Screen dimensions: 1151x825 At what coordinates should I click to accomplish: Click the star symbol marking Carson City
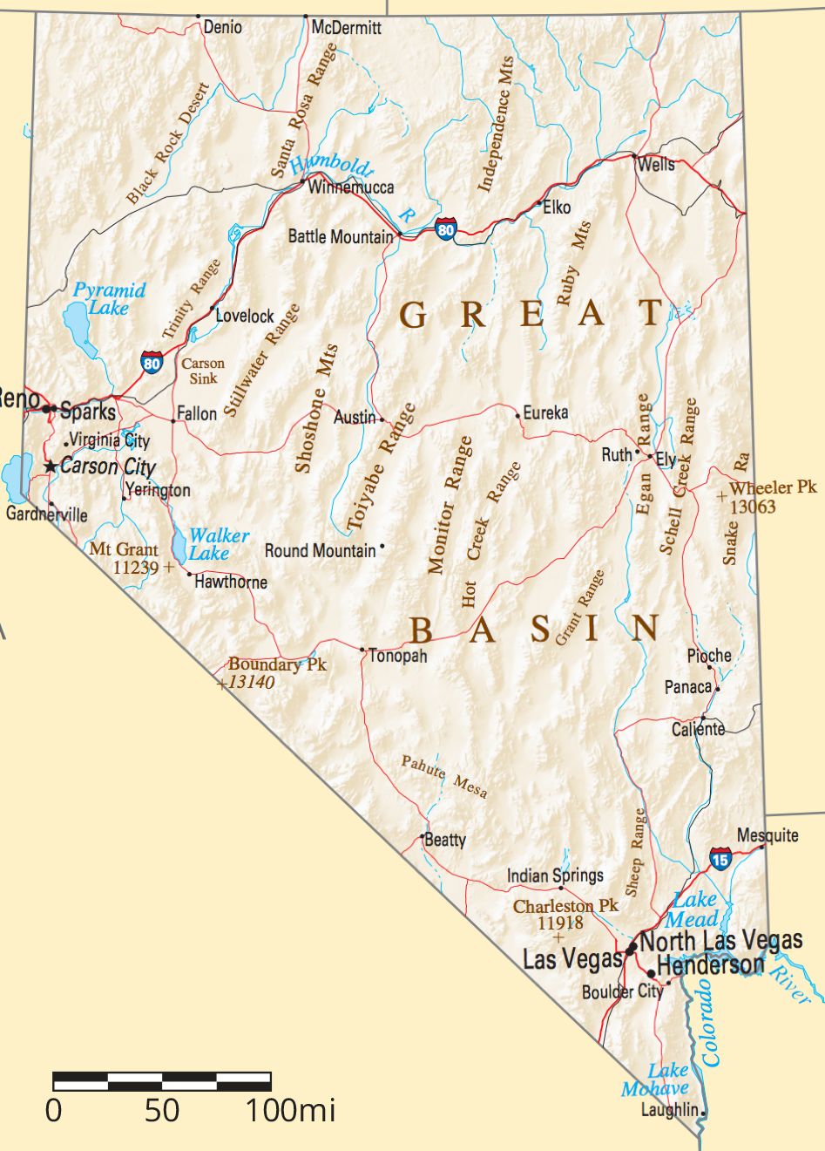[x=51, y=467]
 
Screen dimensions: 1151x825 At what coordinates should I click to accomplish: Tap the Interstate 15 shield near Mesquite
[x=720, y=859]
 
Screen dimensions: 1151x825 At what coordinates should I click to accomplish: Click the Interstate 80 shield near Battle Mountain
[x=446, y=229]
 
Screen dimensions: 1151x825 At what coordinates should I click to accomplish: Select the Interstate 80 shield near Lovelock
[x=152, y=362]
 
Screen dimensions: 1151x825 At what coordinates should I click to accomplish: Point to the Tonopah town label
[x=398, y=656]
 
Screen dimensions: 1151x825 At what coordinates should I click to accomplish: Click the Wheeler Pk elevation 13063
[x=753, y=507]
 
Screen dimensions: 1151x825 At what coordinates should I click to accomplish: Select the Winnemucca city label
[x=351, y=187]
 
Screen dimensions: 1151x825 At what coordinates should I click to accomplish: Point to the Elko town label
[x=557, y=208]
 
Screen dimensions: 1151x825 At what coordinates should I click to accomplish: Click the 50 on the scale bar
[x=162, y=1111]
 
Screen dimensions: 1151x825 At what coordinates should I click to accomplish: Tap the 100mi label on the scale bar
[x=290, y=1111]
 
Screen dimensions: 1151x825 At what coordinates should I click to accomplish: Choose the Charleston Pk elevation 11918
[x=560, y=923]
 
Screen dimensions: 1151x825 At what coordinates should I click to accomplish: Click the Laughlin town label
[x=669, y=1110]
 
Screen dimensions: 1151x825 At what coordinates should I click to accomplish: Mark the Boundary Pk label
[x=277, y=664]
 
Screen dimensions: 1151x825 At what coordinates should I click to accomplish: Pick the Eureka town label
[x=545, y=412]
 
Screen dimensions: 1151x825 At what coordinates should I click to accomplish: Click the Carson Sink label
[x=203, y=371]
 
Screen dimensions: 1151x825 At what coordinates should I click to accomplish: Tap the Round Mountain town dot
[x=382, y=547]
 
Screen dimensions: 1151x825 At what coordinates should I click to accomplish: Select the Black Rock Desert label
[x=168, y=144]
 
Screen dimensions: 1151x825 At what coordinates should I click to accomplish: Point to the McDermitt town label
[x=347, y=28]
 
